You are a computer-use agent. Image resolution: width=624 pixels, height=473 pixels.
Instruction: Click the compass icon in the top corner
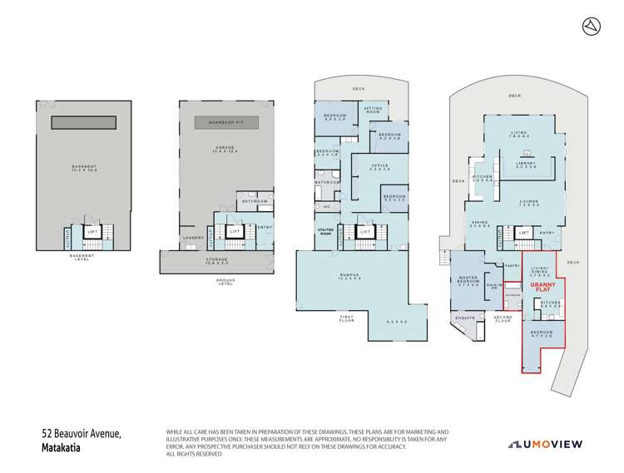click(589, 27)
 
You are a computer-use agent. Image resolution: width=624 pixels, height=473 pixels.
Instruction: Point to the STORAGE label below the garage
click(215, 260)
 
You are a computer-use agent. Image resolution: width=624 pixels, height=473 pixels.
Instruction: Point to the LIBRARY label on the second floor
click(526, 163)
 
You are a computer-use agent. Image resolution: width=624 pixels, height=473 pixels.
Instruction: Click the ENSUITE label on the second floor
click(464, 317)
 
